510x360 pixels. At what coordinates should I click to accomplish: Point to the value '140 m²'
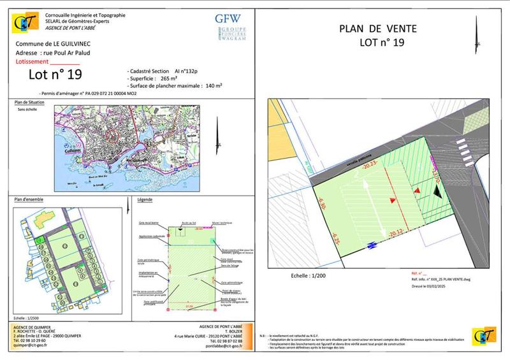(212, 85)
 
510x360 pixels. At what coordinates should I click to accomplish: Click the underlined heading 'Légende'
(146, 200)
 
